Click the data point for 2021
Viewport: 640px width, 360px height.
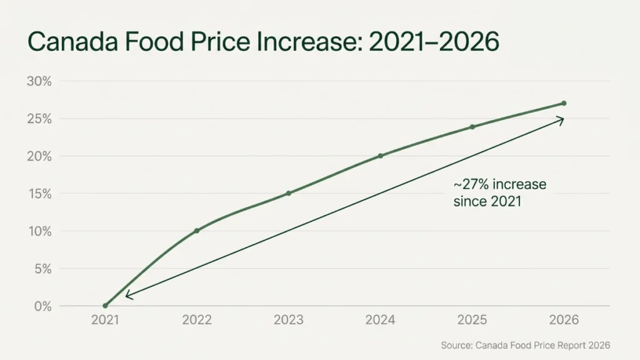pos(105,306)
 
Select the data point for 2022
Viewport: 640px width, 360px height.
pos(197,231)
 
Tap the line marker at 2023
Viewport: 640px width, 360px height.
pos(288,193)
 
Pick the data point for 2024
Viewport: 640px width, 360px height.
pos(381,156)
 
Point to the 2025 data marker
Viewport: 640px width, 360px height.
pos(472,127)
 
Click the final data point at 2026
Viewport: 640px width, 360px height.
pos(564,103)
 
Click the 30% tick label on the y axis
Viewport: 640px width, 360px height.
pos(39,81)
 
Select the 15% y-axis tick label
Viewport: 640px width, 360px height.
pos(39,194)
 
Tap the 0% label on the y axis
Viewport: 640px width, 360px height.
pos(42,306)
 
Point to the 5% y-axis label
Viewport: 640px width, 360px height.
pos(42,269)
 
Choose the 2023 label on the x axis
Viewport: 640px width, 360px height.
pos(288,320)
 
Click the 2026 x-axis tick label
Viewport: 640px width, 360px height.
pos(564,320)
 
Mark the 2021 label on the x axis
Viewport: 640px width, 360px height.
pos(105,320)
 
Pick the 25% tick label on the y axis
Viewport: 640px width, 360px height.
pos(39,119)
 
